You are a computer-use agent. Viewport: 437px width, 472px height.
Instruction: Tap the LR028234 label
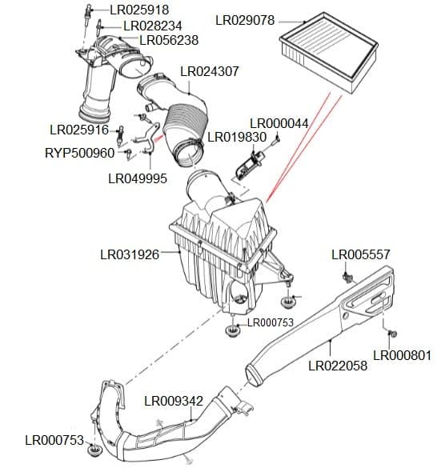[155, 26]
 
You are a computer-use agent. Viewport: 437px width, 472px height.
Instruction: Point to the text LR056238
[169, 40]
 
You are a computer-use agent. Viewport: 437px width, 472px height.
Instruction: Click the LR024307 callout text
[210, 71]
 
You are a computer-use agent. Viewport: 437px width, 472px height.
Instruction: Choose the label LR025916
[79, 130]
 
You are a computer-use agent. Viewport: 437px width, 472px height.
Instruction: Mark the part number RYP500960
[79, 152]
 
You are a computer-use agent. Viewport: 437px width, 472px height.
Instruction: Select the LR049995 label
[138, 178]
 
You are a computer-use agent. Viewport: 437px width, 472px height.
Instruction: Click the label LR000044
[279, 123]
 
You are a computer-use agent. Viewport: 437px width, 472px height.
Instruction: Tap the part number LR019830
[237, 137]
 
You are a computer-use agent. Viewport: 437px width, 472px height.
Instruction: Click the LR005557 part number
[361, 254]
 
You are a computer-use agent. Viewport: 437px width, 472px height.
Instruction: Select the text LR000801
[403, 355]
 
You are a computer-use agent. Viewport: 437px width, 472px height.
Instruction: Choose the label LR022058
[338, 366]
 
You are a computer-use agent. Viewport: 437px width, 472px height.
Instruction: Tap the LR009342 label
[174, 400]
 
